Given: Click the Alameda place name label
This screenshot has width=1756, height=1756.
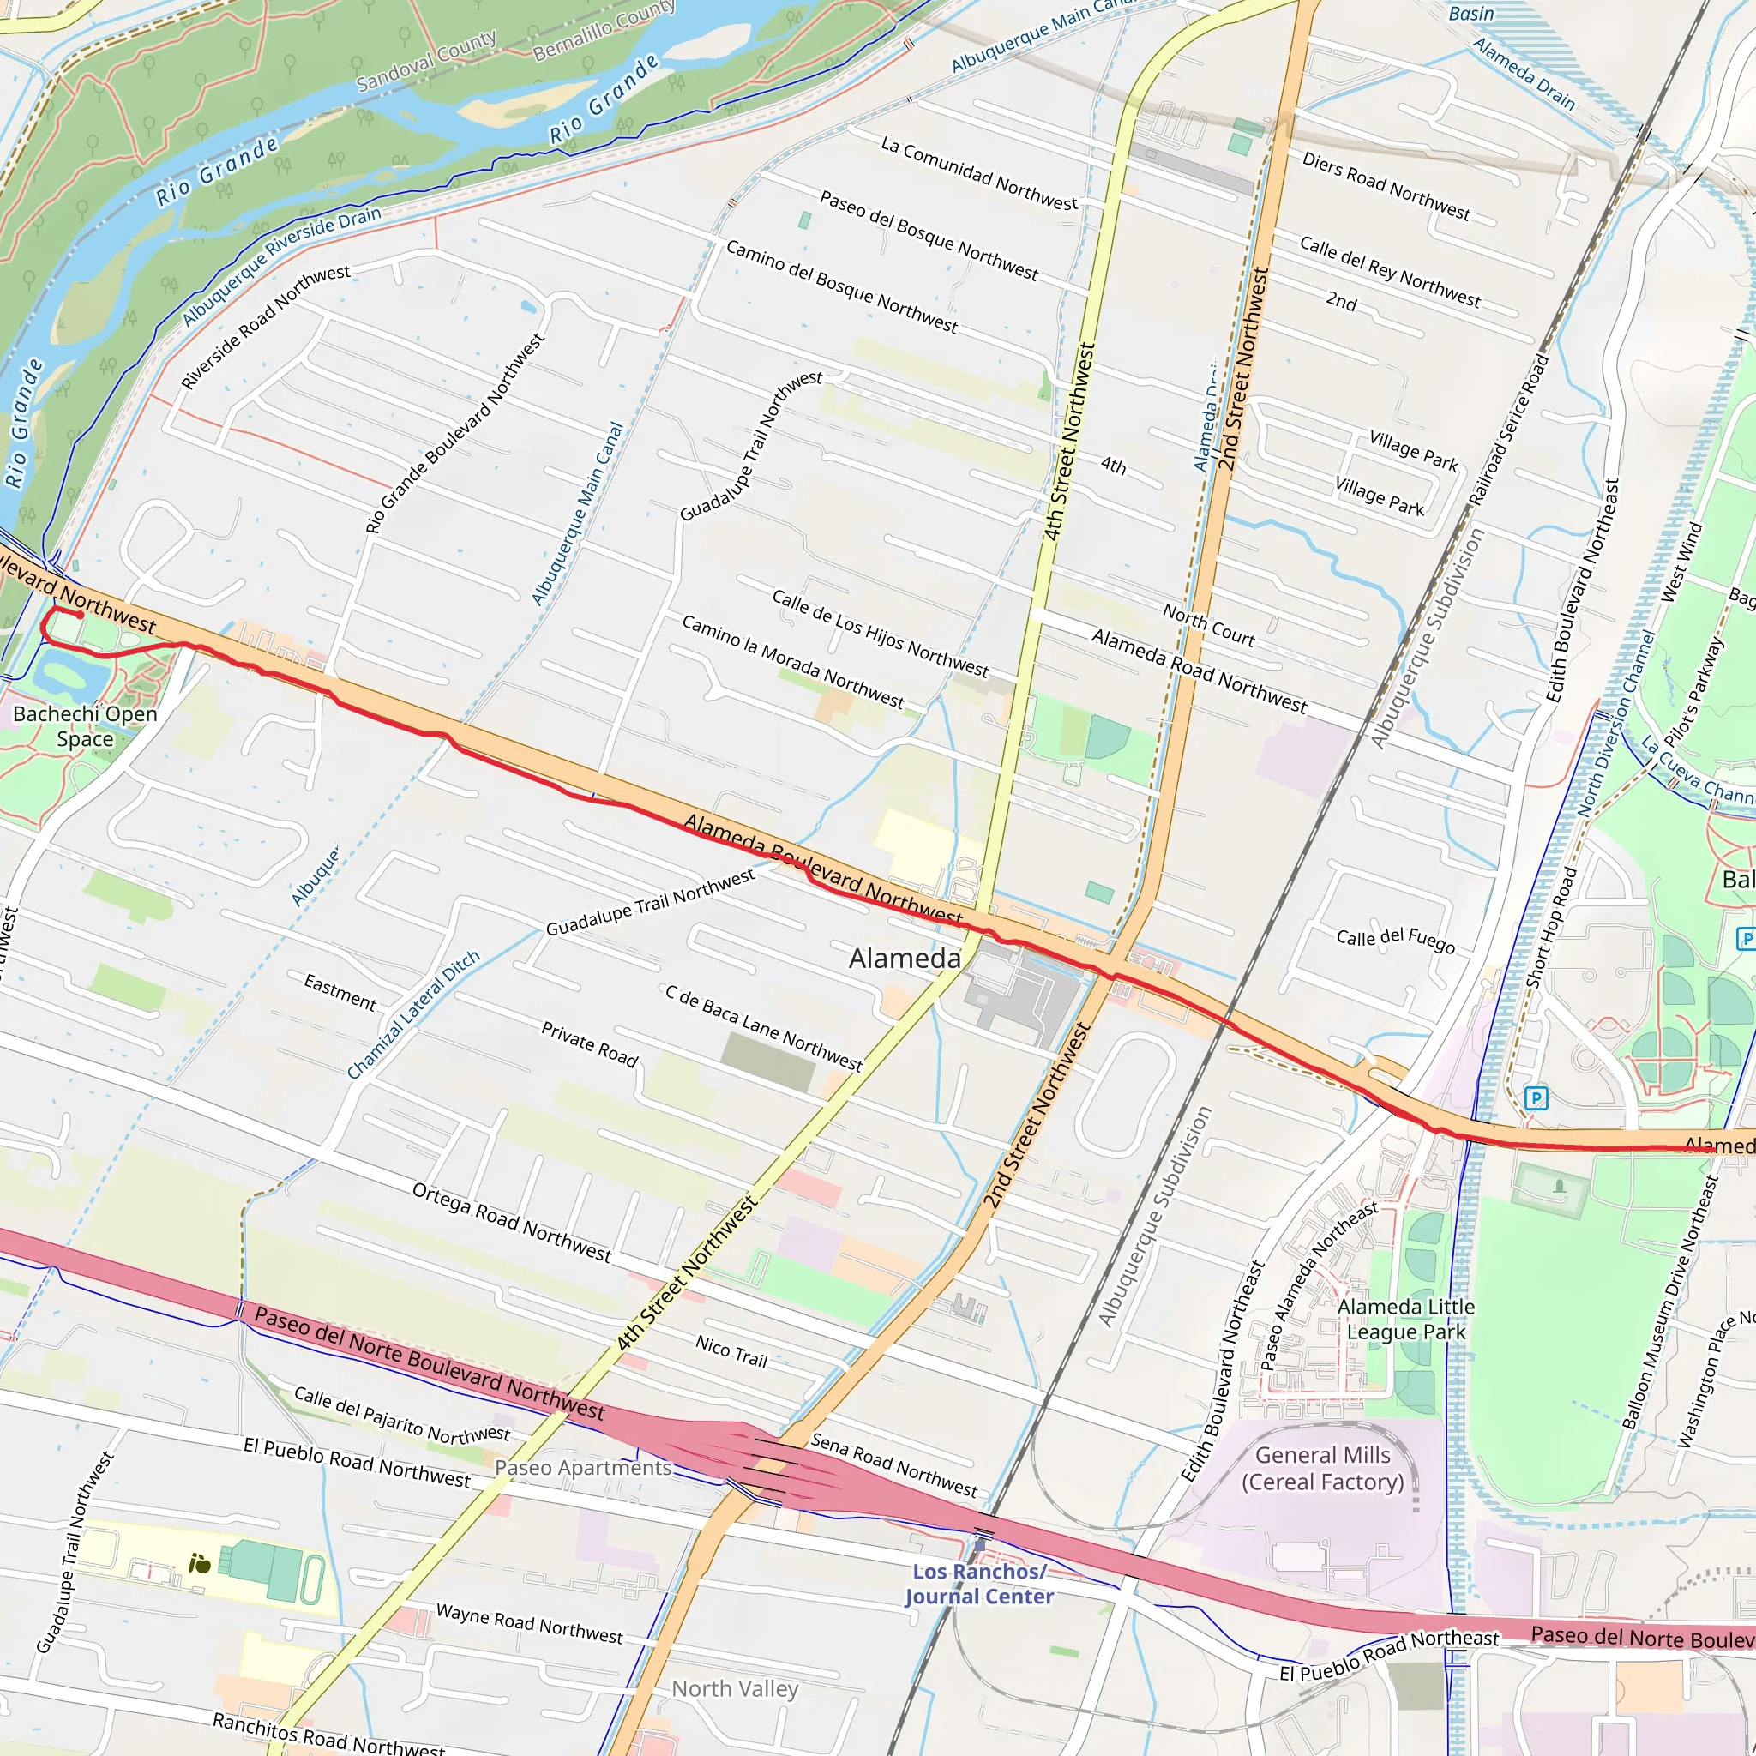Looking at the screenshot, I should pos(905,958).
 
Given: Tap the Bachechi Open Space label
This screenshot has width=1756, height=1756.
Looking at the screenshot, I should pos(85,726).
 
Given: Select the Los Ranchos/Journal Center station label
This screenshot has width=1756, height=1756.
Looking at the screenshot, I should pos(979,1585).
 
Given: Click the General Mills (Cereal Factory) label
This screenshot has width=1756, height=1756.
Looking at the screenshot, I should pos(1322,1468).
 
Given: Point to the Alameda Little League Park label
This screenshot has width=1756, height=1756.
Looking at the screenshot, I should pos(1405,1319).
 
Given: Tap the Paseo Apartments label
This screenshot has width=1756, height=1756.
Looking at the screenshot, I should pos(582,1468).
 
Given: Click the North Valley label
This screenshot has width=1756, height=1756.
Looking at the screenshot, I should pos(735,1689).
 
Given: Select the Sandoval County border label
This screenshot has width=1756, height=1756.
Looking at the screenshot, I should pos(426,61).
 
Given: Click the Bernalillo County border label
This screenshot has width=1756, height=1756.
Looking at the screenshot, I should pos(604,30).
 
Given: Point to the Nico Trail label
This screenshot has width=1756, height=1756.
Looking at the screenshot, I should pos(731,1351).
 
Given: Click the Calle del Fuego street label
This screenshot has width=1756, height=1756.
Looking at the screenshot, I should pos(1395,940).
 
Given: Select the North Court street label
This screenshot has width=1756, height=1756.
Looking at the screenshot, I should pos(1208,625).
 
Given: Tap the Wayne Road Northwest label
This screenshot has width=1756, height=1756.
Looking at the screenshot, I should pos(529,1624).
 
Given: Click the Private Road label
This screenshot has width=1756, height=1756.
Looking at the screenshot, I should pos(589,1044).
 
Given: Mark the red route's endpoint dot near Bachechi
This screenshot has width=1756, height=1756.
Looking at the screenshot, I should pos(80,616).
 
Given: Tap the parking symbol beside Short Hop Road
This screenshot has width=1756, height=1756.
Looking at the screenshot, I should pos(1535,1098).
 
